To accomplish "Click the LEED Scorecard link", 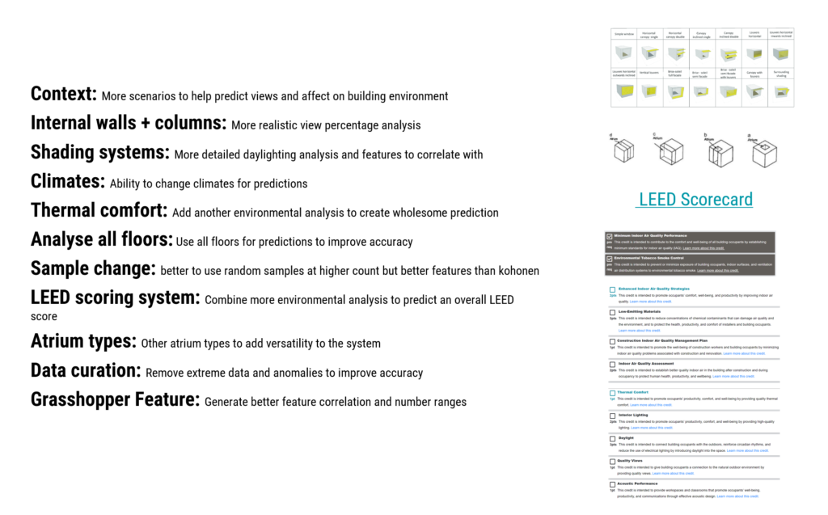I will pos(695,199).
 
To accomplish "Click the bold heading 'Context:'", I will pos(64,94).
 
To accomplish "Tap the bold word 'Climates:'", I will pos(68,181).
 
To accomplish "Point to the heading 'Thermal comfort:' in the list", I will pos(99,211).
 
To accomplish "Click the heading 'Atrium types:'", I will pos(83,341).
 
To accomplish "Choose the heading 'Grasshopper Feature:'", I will pos(115,399).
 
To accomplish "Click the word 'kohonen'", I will pos(517,270).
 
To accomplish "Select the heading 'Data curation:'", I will pos(86,371).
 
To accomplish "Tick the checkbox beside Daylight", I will pos(612,438).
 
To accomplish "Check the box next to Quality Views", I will pos(612,461).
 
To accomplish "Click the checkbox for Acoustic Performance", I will pos(612,483).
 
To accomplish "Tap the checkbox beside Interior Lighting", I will pos(612,416).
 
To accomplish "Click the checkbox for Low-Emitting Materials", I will pos(612,311).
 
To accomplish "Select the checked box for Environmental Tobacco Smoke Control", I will pos(610,259).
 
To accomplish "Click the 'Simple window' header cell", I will pos(623,34).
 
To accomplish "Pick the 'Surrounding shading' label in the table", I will pos(781,74).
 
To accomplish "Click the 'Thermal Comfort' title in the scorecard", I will pos(632,392).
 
